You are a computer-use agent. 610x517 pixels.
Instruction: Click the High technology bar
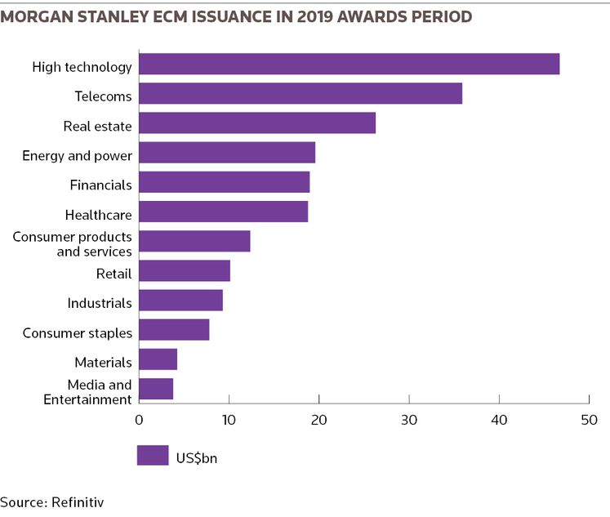pos(350,64)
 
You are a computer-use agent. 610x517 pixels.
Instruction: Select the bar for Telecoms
pos(301,94)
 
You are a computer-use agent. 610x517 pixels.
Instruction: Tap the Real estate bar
pos(257,123)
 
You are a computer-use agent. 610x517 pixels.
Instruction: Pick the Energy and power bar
pos(227,153)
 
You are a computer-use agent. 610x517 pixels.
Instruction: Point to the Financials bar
pos(225,182)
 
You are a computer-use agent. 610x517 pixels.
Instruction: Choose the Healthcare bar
pos(224,212)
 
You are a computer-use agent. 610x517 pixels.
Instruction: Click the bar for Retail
pos(185,270)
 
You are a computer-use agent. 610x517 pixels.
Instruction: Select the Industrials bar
pos(180,301)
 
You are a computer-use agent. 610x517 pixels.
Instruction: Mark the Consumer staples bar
pos(174,330)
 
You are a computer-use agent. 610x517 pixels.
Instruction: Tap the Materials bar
pos(158,359)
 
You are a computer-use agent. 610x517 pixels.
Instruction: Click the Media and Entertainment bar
pos(156,389)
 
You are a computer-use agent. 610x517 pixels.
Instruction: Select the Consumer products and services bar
pos(194,242)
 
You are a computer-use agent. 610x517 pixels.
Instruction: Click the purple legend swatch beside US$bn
pos(152,455)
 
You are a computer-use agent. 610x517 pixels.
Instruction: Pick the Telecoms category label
pos(103,96)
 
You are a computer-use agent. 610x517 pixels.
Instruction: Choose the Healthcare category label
pos(98,215)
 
